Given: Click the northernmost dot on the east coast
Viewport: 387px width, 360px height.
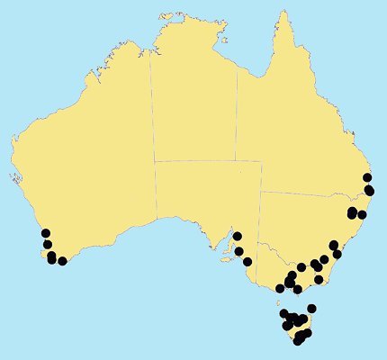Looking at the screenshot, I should (x=367, y=177).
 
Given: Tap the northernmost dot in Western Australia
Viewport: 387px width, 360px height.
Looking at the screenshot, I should (x=44, y=234).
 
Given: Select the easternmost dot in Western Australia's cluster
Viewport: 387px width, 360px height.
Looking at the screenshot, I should (x=62, y=261).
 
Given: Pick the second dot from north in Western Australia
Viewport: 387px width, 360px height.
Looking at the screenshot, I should (x=47, y=244).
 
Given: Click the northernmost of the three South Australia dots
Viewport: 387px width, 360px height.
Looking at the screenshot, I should (x=238, y=237).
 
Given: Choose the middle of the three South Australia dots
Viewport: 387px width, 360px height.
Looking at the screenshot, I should (x=239, y=251).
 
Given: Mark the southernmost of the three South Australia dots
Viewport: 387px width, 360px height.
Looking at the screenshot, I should (x=247, y=262).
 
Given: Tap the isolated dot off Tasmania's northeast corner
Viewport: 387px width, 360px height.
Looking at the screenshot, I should (x=311, y=309).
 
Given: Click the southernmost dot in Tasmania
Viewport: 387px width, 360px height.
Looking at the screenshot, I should (x=298, y=340).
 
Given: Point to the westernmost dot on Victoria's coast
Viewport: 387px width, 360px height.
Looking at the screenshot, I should (x=279, y=287).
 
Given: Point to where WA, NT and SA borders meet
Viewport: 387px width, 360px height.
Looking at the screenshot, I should (x=155, y=161).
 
